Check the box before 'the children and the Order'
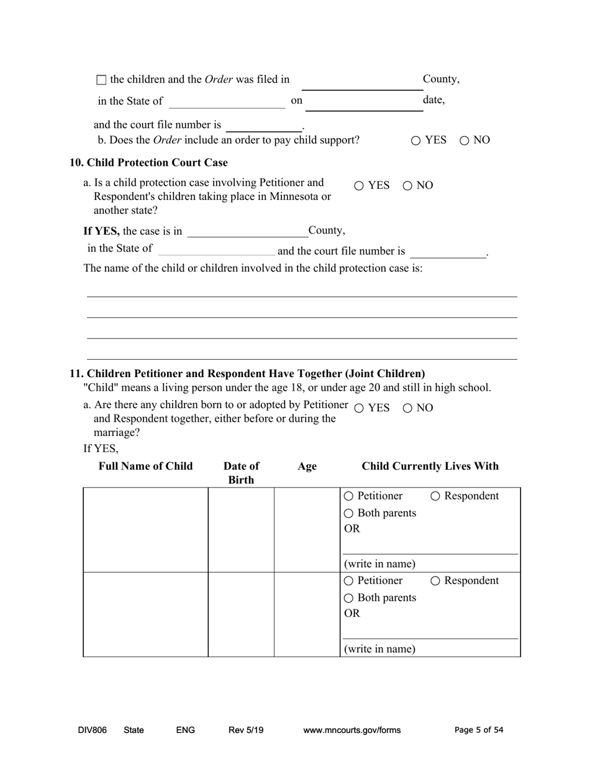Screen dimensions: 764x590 point(102,80)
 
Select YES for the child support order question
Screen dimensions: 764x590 point(416,141)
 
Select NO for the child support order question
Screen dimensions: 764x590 point(465,141)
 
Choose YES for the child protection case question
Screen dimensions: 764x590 point(360,186)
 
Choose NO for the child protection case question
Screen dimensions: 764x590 point(408,186)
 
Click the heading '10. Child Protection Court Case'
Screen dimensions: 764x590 point(148,163)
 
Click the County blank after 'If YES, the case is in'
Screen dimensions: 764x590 point(247,231)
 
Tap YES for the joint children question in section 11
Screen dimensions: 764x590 point(359,408)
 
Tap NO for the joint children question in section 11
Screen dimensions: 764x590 point(407,408)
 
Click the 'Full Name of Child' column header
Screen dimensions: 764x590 point(146,466)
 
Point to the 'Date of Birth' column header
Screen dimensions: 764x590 point(241,473)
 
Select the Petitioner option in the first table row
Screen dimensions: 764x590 point(348,496)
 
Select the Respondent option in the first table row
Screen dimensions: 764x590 point(435,496)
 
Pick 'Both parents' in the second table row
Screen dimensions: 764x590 point(348,598)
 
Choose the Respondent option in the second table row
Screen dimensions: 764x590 point(435,581)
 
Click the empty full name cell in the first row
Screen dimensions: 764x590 point(146,529)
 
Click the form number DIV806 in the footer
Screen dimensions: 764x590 point(93,730)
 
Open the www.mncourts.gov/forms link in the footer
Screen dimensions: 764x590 point(352,730)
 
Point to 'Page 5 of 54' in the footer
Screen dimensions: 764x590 point(479,730)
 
